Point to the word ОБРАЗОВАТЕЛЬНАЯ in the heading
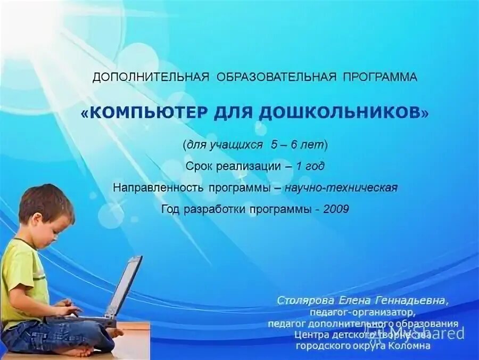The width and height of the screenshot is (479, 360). [276, 77]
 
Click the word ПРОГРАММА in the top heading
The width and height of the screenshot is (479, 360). [379, 77]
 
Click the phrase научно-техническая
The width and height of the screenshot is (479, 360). [341, 187]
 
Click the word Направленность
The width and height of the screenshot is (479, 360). [156, 187]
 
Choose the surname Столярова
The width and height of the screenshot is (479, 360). [302, 301]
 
